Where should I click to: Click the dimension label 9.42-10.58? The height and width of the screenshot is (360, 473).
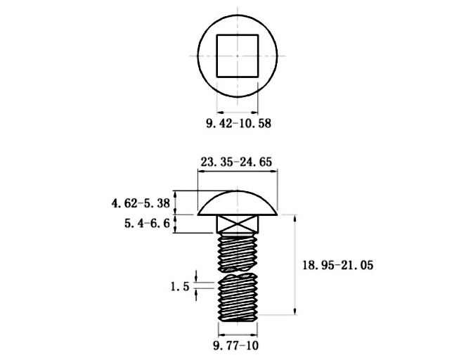click(239, 124)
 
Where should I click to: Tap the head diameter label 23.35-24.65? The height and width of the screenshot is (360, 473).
click(236, 162)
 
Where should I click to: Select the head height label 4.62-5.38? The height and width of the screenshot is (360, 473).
click(141, 203)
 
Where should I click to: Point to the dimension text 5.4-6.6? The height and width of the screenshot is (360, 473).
click(147, 224)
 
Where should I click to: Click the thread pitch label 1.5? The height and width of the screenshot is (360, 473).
click(180, 286)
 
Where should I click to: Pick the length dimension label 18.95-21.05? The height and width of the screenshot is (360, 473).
click(338, 265)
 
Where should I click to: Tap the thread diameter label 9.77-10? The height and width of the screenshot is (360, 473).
click(236, 345)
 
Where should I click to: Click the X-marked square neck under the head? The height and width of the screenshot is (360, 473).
click(238, 224)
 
